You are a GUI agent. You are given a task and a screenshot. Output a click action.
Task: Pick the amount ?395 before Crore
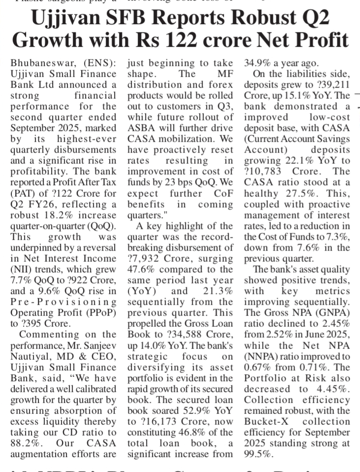(x=26, y=323)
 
